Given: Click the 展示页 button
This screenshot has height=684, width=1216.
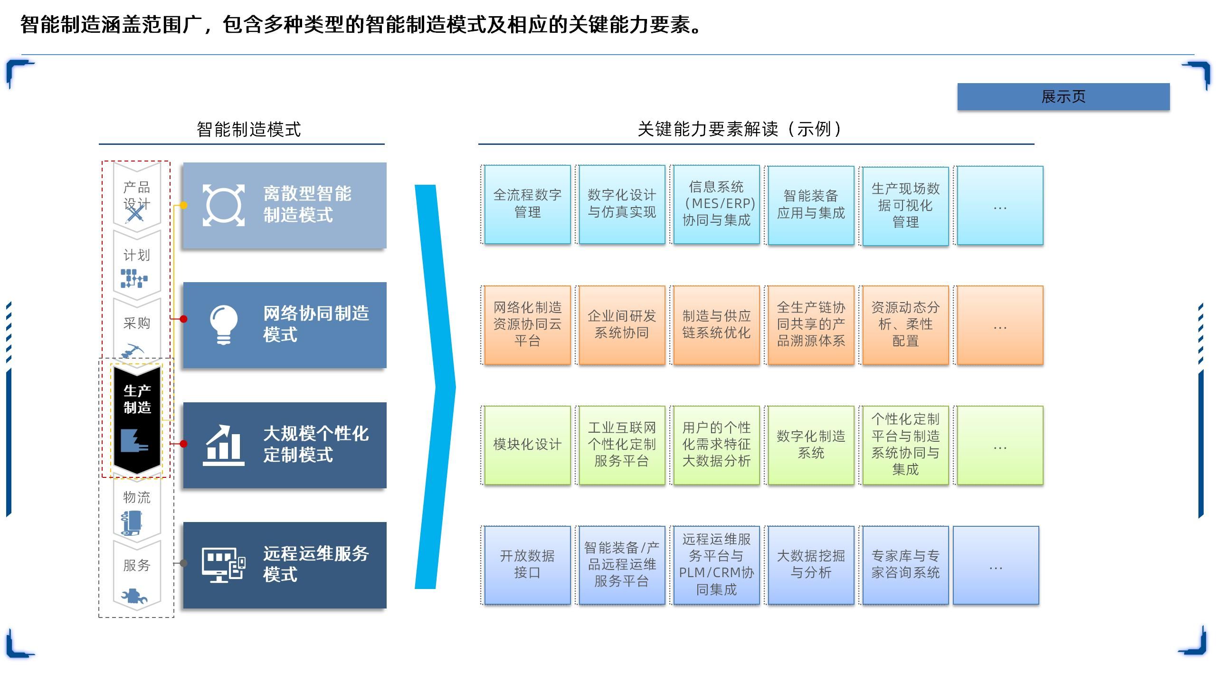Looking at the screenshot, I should click(1063, 97).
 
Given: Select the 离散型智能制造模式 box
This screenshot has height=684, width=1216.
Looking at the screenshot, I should click(285, 205).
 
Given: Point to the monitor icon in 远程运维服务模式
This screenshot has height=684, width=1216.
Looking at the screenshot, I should click(223, 565).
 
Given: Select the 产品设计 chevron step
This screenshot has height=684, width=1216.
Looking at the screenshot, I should click(137, 197).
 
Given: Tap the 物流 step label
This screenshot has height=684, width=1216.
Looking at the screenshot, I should click(137, 497).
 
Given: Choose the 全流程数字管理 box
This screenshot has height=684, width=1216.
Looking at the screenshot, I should click(527, 204).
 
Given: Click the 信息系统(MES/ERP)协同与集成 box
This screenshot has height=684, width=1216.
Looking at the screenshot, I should click(716, 204).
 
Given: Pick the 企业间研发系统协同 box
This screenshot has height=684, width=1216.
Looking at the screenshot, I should click(622, 325).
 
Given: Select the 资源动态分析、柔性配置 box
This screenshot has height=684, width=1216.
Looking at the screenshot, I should click(905, 325).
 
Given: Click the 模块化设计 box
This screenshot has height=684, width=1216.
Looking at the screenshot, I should click(527, 445).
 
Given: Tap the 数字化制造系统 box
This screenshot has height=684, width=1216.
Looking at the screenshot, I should click(811, 445).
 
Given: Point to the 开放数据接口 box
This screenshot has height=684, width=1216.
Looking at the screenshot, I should click(527, 565).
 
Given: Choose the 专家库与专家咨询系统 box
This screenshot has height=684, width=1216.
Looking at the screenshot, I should click(905, 565).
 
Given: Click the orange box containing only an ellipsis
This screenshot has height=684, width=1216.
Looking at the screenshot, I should click(1000, 325).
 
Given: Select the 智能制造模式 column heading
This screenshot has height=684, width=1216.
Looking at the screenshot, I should click(248, 129).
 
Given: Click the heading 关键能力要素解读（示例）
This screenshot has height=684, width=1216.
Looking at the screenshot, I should click(740, 129).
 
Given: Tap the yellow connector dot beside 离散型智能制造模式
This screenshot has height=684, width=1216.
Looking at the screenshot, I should click(183, 205).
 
